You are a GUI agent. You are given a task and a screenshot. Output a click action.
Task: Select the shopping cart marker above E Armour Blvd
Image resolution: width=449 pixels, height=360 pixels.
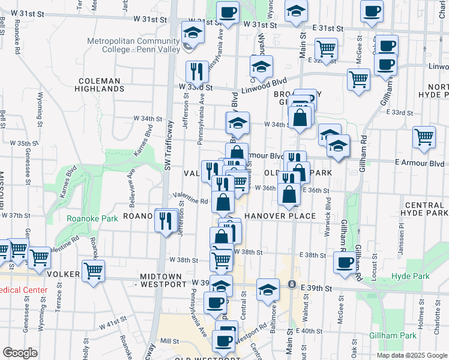click(424, 137)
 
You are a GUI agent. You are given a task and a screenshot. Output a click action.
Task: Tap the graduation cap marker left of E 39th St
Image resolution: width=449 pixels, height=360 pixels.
click(268, 290)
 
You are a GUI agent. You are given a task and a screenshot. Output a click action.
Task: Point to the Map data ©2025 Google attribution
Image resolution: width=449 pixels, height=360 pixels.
click(412, 355)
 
